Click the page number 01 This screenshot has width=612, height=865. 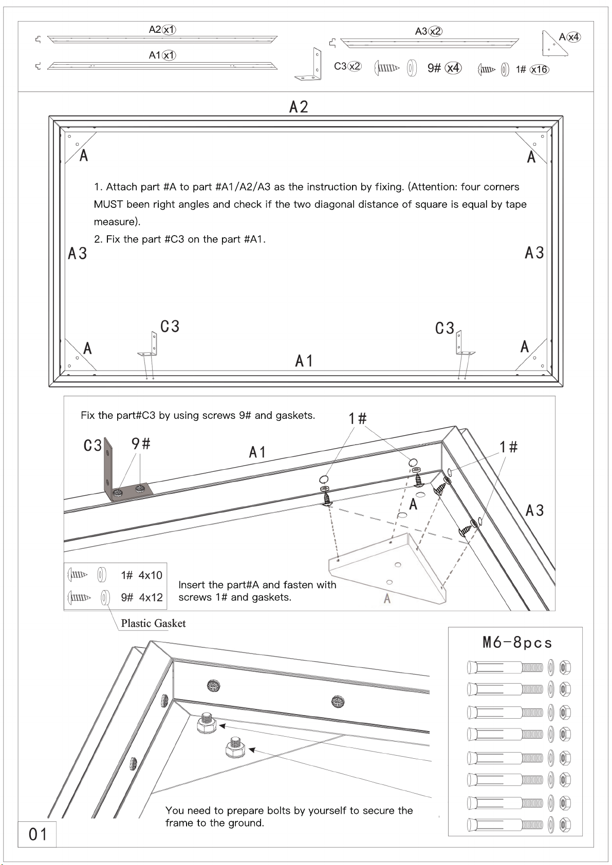click(38, 834)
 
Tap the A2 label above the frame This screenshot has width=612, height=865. click(299, 107)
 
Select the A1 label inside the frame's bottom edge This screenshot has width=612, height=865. click(304, 361)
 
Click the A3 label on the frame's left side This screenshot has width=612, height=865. click(78, 253)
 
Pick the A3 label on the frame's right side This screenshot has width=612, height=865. click(534, 253)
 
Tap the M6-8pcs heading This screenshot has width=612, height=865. click(517, 643)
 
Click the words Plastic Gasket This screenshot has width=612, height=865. click(153, 623)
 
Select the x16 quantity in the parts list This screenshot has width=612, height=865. click(540, 69)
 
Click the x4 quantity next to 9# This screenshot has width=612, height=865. click(453, 68)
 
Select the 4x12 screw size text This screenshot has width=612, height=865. click(151, 598)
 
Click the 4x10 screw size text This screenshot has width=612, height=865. click(151, 575)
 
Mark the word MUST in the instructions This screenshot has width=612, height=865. click(108, 204)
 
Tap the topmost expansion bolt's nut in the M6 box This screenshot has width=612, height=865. click(565, 667)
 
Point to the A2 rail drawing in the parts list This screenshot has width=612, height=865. click(162, 40)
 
